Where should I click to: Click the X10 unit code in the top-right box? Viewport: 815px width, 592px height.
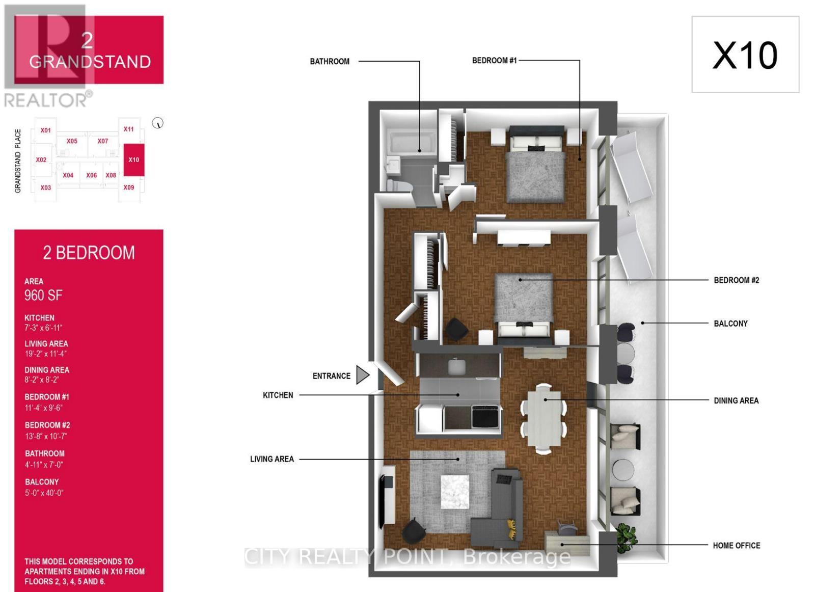click(x=745, y=55)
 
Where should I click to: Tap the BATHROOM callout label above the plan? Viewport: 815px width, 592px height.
click(x=330, y=62)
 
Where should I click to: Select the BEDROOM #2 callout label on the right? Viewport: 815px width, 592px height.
click(x=736, y=280)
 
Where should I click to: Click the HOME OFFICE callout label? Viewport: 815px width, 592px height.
click(x=736, y=546)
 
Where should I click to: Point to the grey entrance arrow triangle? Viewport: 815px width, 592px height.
click(x=362, y=375)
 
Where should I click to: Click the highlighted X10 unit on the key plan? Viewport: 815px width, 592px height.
click(x=134, y=160)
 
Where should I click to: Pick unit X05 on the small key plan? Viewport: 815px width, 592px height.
click(x=72, y=141)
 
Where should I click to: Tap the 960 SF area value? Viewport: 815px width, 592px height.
click(x=43, y=295)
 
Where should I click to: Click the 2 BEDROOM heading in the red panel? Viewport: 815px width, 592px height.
click(x=89, y=253)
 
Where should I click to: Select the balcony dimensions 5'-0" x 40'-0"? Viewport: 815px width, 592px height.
click(x=44, y=493)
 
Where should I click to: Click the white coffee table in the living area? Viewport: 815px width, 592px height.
click(x=455, y=492)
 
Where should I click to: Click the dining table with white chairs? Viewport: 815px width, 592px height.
click(x=544, y=416)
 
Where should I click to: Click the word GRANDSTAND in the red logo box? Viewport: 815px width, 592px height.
click(x=90, y=62)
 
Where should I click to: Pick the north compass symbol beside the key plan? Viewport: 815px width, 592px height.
click(x=158, y=123)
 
